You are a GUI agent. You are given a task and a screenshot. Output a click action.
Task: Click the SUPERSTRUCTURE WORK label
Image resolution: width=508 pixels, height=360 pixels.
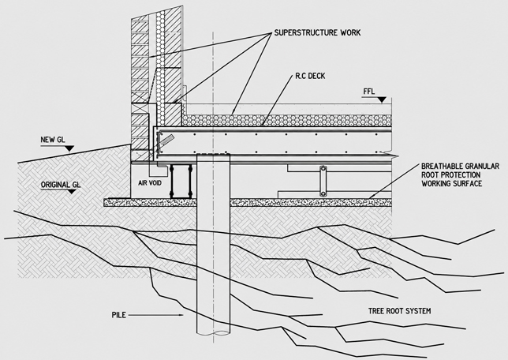pyautogui.click(x=317, y=32)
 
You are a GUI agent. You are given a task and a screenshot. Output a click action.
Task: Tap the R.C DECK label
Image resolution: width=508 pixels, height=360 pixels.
pyautogui.click(x=310, y=76)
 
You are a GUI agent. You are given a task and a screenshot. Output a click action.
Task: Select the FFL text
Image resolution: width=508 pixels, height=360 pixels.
pyautogui.click(x=368, y=92)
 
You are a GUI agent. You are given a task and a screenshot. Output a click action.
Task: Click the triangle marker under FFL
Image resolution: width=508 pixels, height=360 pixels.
pyautogui.click(x=383, y=100)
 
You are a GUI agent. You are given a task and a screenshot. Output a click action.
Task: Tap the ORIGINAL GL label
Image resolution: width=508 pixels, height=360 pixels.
pyautogui.click(x=61, y=185)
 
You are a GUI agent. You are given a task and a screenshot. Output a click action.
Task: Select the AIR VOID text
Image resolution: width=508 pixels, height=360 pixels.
pyautogui.click(x=150, y=183)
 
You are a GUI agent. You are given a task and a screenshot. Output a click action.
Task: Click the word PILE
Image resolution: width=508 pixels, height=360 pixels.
pyautogui.click(x=119, y=315)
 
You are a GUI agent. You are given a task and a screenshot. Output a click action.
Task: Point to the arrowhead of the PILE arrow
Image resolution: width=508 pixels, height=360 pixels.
pyautogui.click(x=181, y=315)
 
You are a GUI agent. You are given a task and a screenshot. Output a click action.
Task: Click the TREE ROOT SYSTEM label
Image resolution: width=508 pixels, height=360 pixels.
pyautogui.click(x=399, y=311)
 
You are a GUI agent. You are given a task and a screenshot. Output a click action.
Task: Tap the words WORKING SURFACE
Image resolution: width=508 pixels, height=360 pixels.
pyautogui.click(x=452, y=184)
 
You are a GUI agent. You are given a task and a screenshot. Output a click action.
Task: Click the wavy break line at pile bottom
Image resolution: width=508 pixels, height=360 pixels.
pyautogui.click(x=214, y=333)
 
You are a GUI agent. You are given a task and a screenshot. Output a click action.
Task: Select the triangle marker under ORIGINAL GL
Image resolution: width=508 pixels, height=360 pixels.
pyautogui.click(x=71, y=192)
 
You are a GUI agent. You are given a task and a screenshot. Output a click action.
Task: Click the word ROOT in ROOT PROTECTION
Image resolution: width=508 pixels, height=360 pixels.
pyautogui.click(x=430, y=175)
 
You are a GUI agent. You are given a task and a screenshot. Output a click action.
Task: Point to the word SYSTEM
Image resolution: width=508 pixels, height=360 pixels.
pyautogui.click(x=418, y=311)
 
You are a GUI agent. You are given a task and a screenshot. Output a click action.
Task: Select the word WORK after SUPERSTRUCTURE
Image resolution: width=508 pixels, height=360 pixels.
pyautogui.click(x=350, y=32)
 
